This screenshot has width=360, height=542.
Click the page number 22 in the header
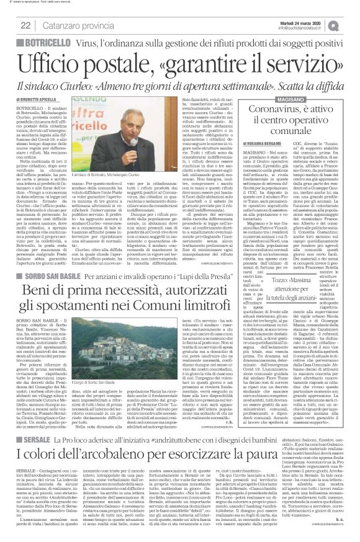click(x=25, y=25)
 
